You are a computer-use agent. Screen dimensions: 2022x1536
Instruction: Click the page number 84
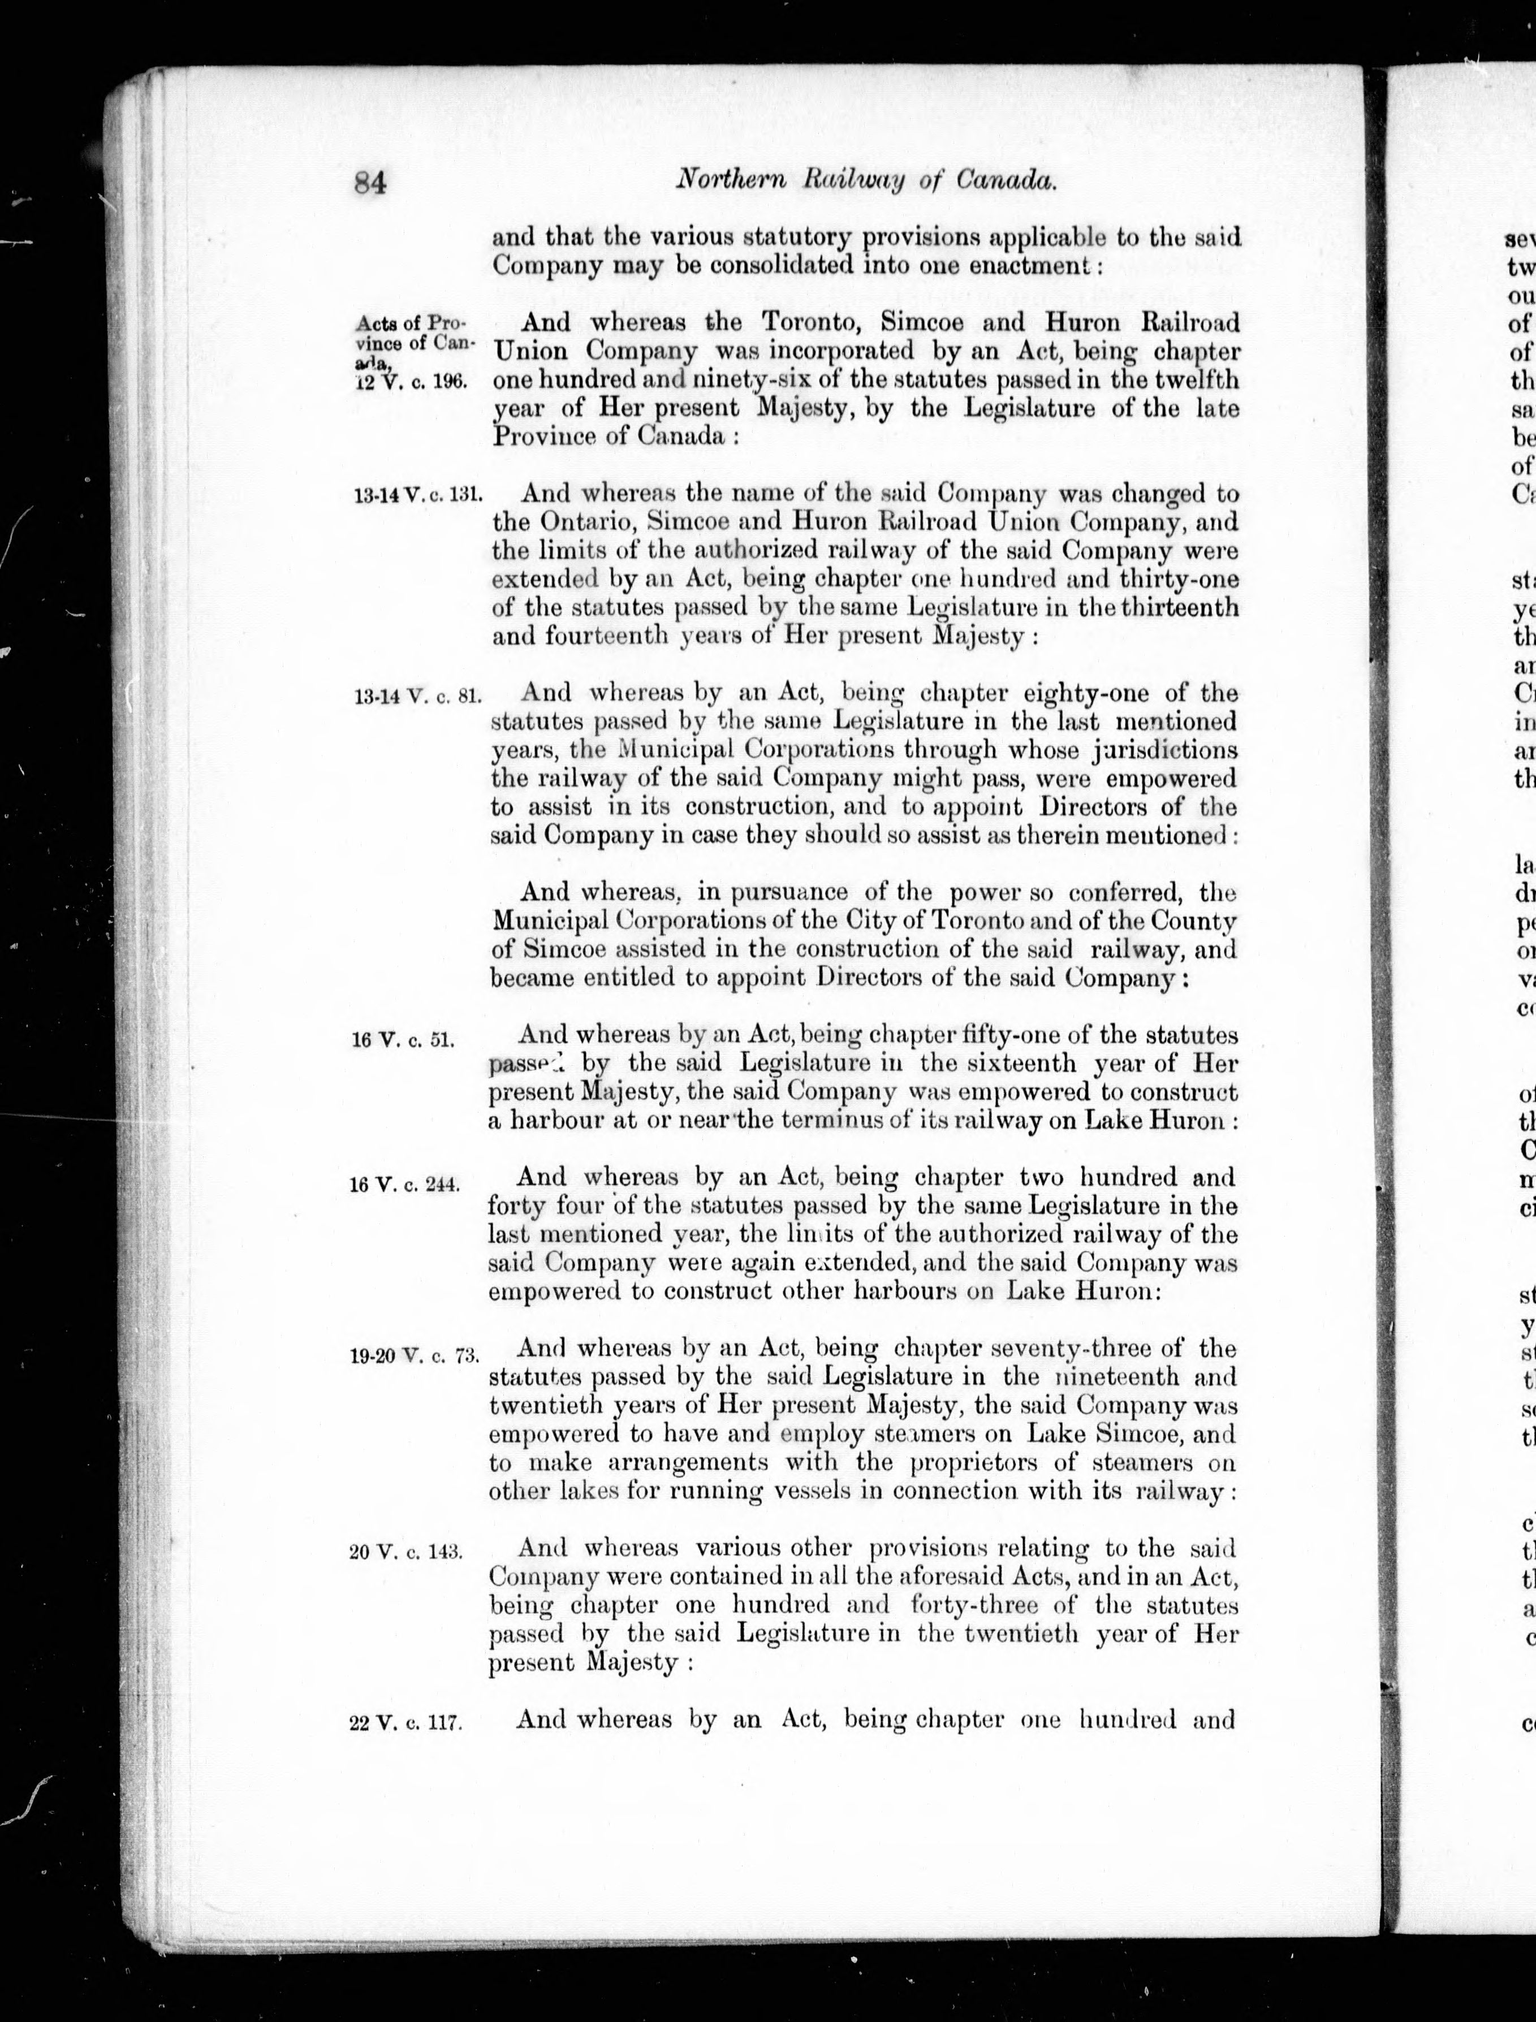(x=371, y=184)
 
